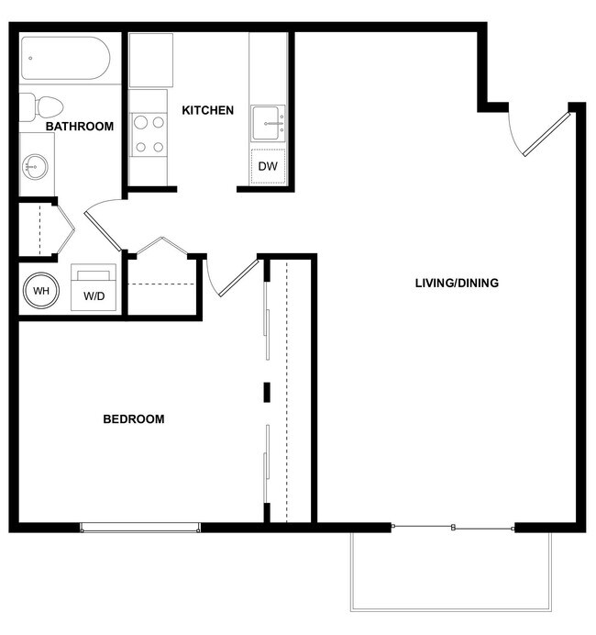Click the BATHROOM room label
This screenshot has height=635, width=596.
coord(79,127)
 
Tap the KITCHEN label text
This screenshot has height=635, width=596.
coord(207,111)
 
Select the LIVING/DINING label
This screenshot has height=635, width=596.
coord(457,283)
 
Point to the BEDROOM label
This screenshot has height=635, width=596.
coord(134,419)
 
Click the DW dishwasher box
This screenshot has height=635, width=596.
coord(268,166)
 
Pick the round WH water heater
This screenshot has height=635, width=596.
coord(40,291)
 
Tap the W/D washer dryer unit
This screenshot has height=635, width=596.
coord(94,288)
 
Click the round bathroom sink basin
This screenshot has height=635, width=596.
coord(37,167)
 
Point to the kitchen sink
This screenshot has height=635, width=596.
coord(268,122)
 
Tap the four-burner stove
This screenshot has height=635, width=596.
coord(149,134)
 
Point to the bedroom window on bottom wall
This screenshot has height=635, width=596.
coord(139,527)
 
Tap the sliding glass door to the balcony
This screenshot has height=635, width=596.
coord(453,527)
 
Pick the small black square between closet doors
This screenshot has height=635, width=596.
coord(267,392)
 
